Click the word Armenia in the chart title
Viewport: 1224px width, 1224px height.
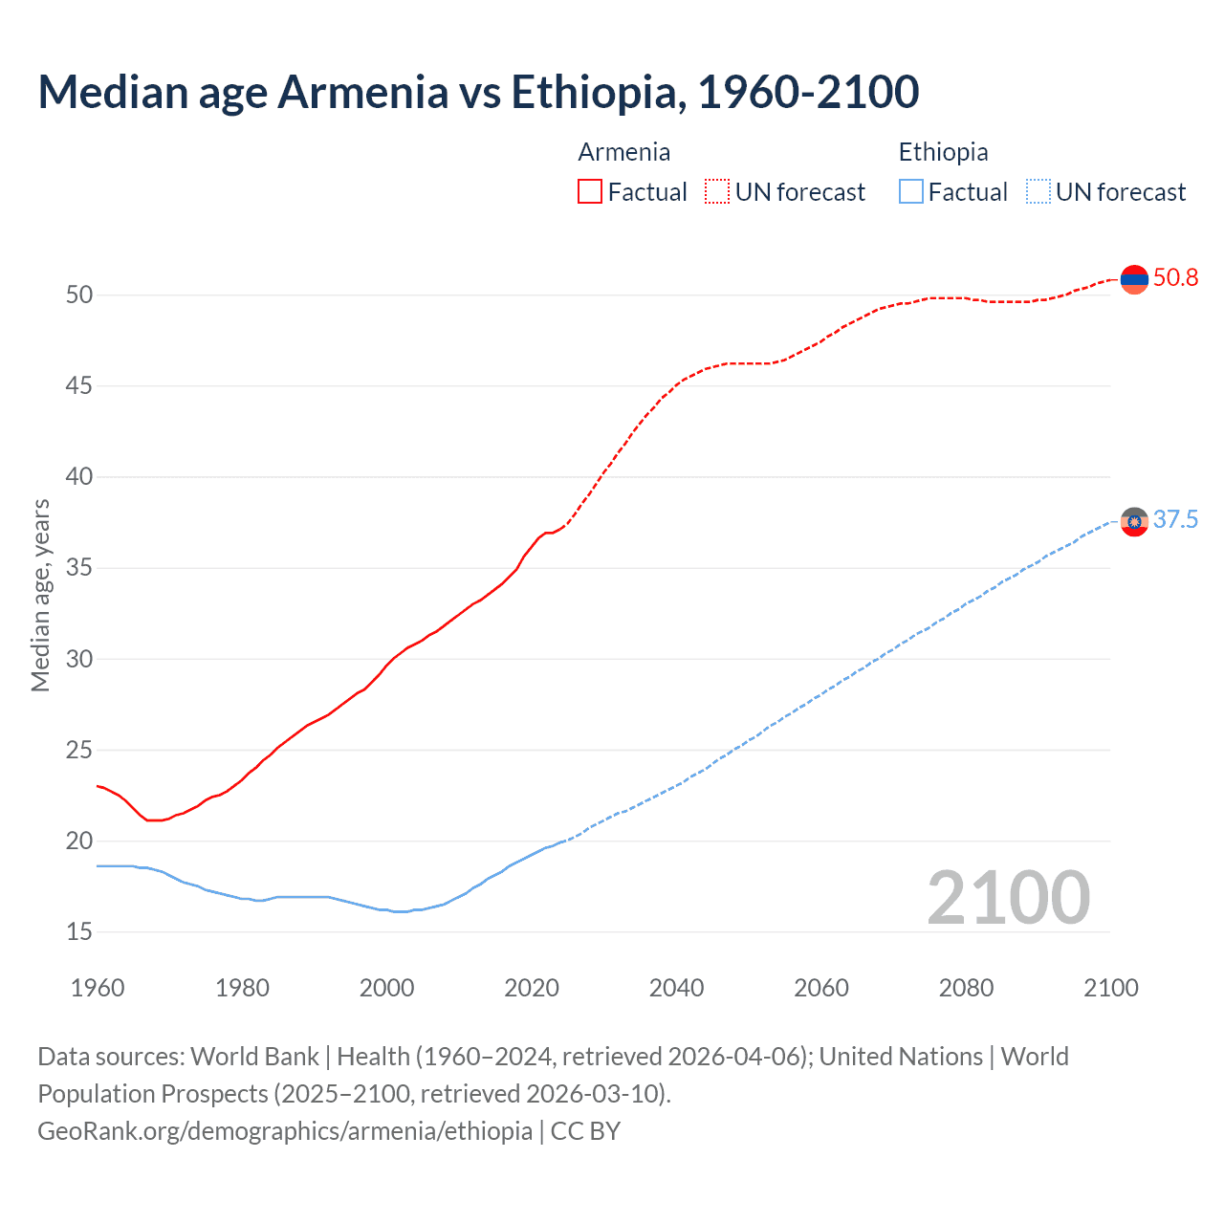coord(362,92)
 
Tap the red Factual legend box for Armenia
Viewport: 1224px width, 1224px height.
coord(590,192)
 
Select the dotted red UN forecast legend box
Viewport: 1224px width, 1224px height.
coord(717,192)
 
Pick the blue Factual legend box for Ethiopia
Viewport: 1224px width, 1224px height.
coord(911,192)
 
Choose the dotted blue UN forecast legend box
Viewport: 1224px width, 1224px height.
coord(1038,192)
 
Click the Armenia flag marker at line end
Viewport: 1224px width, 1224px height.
coord(1134,279)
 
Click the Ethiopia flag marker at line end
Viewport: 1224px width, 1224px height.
coord(1134,521)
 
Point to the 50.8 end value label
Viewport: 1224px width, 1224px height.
coord(1175,278)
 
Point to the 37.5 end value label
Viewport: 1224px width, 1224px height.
coord(1175,520)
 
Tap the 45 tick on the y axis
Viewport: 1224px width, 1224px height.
coord(79,386)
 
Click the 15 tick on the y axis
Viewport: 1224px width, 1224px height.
coord(79,932)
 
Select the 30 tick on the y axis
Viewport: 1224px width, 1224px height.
coord(79,660)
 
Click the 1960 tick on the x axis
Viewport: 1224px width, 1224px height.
coord(98,988)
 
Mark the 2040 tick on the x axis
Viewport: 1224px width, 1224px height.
coord(676,988)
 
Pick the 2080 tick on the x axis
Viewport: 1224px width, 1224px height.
coord(966,988)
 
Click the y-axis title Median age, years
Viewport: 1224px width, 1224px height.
coord(40,595)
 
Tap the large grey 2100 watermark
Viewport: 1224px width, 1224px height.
coord(1008,897)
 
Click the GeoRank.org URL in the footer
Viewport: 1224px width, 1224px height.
coord(284,1131)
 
